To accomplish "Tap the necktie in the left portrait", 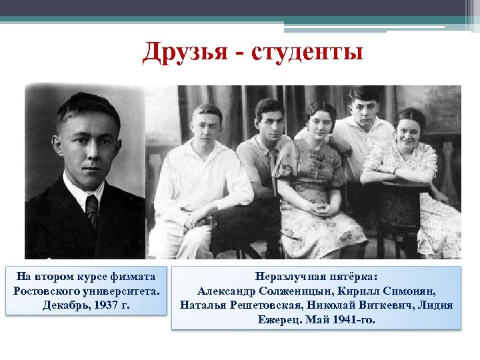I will point(92,210).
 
